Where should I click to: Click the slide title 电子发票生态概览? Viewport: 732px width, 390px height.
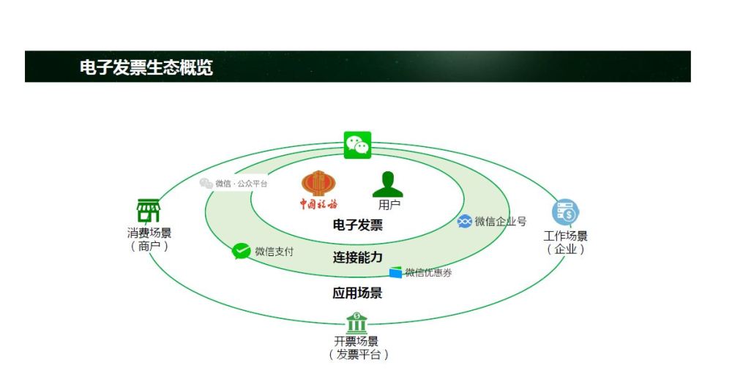point(146,67)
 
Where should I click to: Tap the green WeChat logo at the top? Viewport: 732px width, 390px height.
point(358,145)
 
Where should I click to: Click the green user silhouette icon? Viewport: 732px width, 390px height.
point(388,184)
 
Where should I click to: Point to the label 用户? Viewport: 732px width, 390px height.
point(389,205)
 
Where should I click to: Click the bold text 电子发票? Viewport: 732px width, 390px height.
point(357,225)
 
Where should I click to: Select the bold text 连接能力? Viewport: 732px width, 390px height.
point(357,258)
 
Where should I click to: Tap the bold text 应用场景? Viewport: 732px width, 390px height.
point(357,293)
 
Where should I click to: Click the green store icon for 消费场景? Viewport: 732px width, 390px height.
point(149,211)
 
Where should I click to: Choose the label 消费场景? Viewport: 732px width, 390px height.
point(149,233)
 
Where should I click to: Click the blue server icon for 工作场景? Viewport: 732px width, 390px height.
point(565,212)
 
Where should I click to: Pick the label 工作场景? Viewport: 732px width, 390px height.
point(566,236)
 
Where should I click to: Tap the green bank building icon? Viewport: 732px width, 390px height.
point(356,323)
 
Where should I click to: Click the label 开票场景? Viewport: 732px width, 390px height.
point(356,342)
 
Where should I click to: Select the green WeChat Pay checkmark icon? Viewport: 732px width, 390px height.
point(242,251)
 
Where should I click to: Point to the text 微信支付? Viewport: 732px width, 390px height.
point(274,252)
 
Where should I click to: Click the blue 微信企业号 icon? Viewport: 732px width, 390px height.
point(464,221)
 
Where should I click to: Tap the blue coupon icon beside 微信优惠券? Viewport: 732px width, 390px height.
point(395,273)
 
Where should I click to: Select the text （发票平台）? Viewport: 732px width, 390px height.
point(358,355)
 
